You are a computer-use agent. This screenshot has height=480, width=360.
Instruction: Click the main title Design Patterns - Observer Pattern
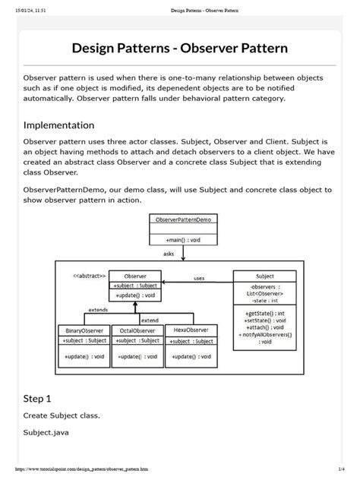pos(179,49)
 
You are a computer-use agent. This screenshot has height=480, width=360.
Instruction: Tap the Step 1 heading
pos(37,397)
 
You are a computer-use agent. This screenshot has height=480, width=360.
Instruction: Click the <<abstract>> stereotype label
pos(90,275)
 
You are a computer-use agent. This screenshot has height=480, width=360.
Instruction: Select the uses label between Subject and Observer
pos(199,278)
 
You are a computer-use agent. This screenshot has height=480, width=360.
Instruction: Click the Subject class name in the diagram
pos(264,276)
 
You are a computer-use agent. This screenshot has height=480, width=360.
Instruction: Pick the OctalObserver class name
pos(137,330)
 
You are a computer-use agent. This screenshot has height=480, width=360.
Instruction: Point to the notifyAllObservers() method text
pos(264,334)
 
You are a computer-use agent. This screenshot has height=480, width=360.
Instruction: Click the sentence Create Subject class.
pos(62,415)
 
